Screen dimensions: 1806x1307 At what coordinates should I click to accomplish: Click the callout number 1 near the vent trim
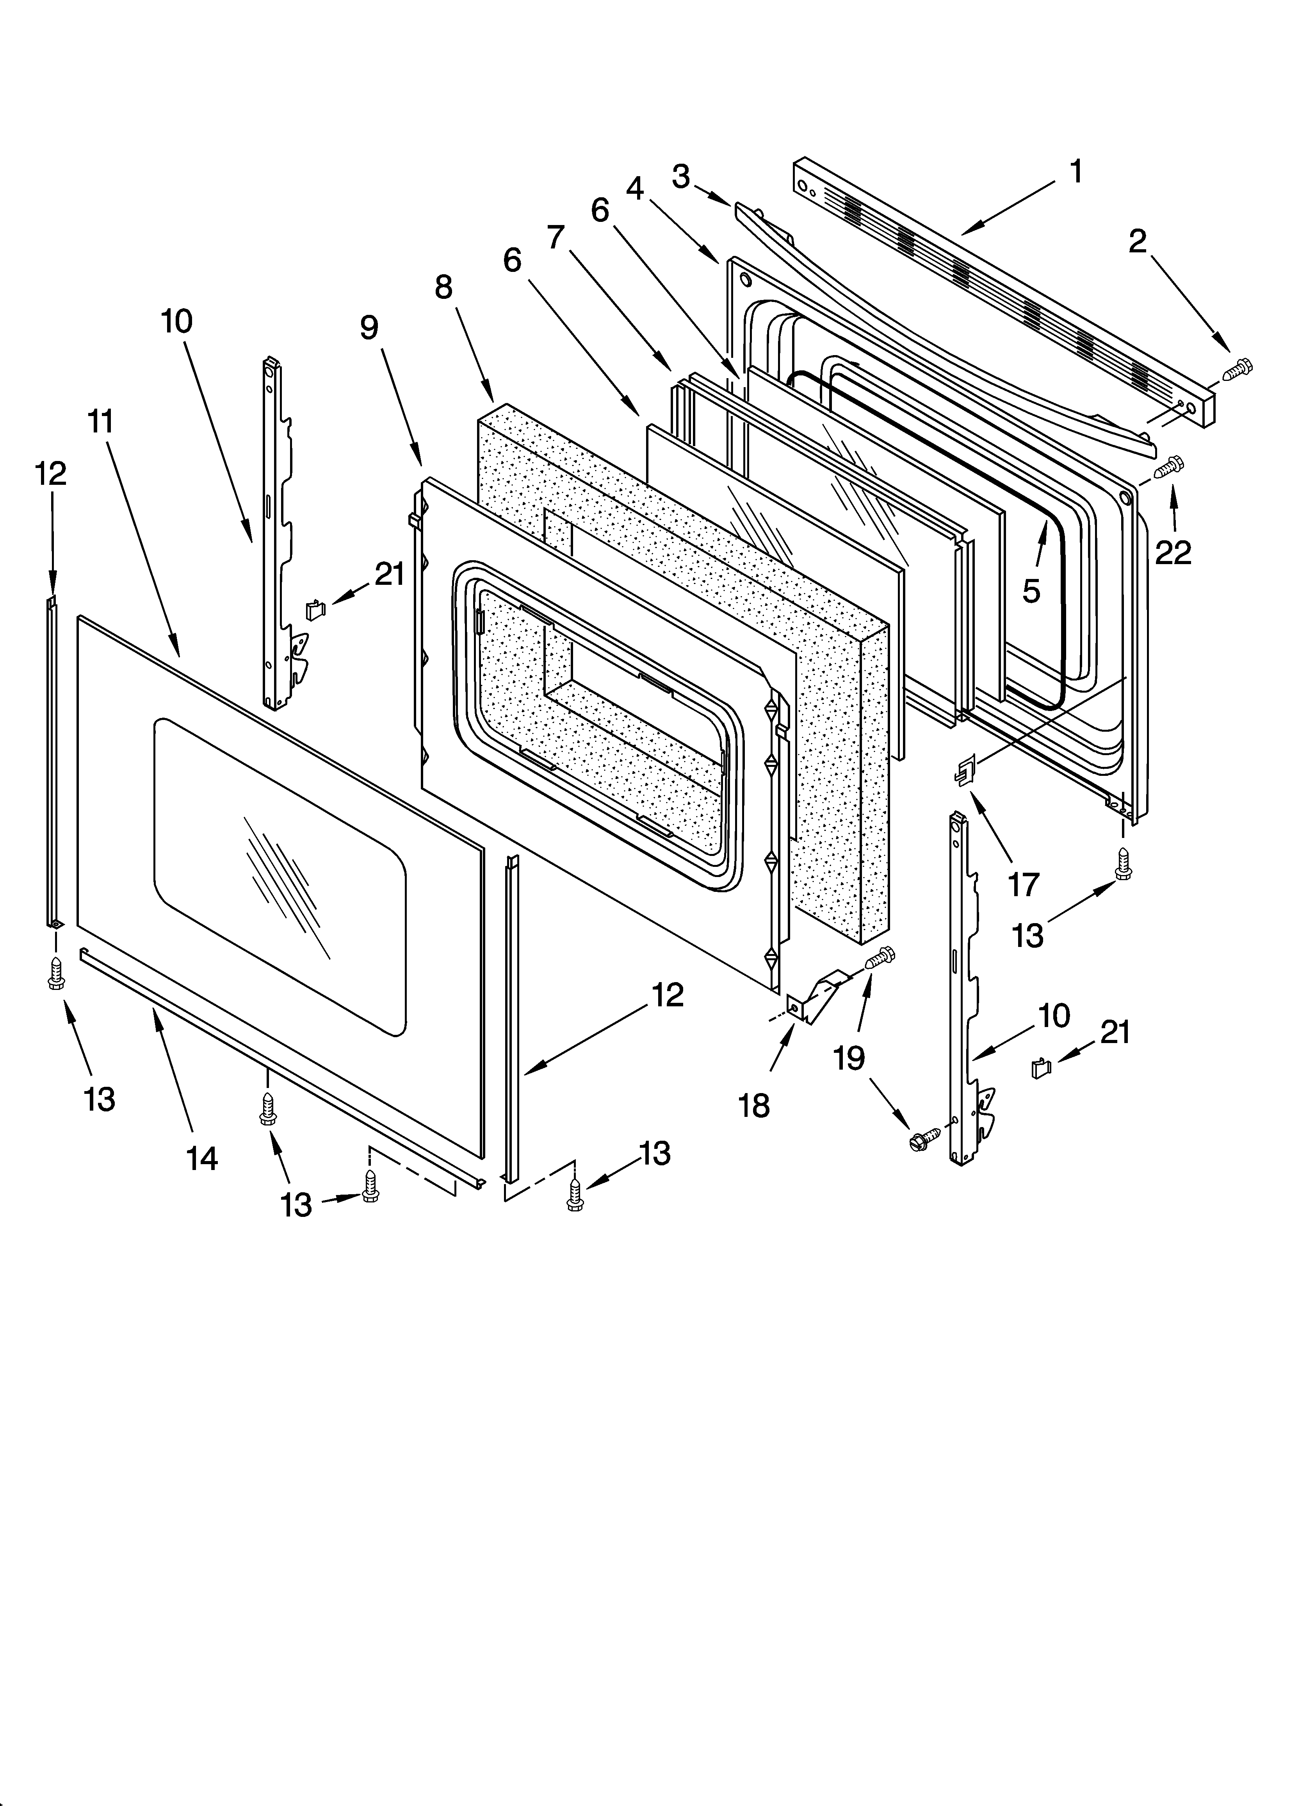[1076, 171]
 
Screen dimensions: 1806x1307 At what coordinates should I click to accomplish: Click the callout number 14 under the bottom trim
[202, 1159]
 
